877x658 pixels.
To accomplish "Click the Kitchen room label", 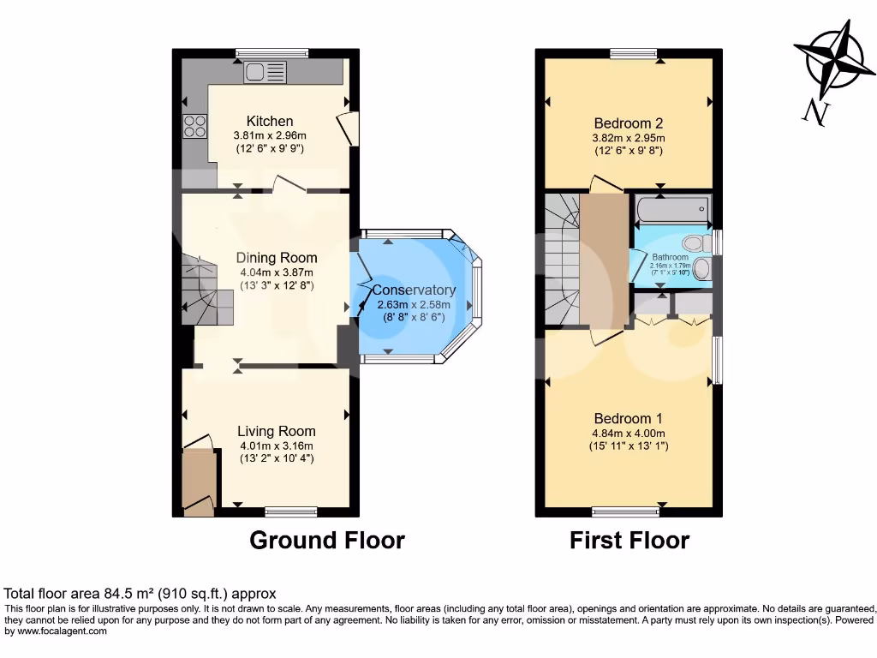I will (x=270, y=121).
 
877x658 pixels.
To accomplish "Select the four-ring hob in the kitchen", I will (x=194, y=126).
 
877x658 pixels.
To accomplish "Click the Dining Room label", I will (x=277, y=257).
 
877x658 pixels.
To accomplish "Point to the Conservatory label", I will (x=415, y=290).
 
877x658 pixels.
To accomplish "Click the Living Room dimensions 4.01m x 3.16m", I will (x=276, y=446).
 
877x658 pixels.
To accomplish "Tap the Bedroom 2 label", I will (x=628, y=123).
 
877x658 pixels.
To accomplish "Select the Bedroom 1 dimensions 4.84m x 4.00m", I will (x=628, y=433).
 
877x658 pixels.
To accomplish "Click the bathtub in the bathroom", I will (x=672, y=208).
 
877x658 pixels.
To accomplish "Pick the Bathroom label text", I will (x=670, y=257).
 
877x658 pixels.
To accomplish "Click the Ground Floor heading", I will (x=326, y=540).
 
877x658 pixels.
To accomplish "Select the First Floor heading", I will (x=629, y=540).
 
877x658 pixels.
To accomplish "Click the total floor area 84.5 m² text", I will (x=140, y=593).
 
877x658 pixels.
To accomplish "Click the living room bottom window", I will (x=291, y=512).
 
